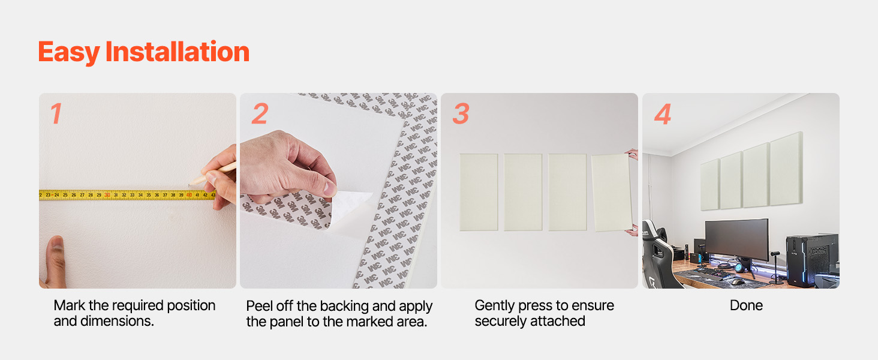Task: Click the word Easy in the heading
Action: (69, 53)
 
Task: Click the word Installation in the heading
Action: (178, 52)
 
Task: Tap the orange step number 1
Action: (56, 113)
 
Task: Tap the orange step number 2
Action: (260, 113)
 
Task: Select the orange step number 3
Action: (461, 114)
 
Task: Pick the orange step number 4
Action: (663, 114)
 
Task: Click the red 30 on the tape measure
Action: (107, 195)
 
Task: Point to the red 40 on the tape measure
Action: (189, 195)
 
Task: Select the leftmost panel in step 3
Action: (479, 192)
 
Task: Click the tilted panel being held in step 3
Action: (612, 193)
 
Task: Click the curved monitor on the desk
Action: (737, 239)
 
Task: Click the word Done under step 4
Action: (746, 305)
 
